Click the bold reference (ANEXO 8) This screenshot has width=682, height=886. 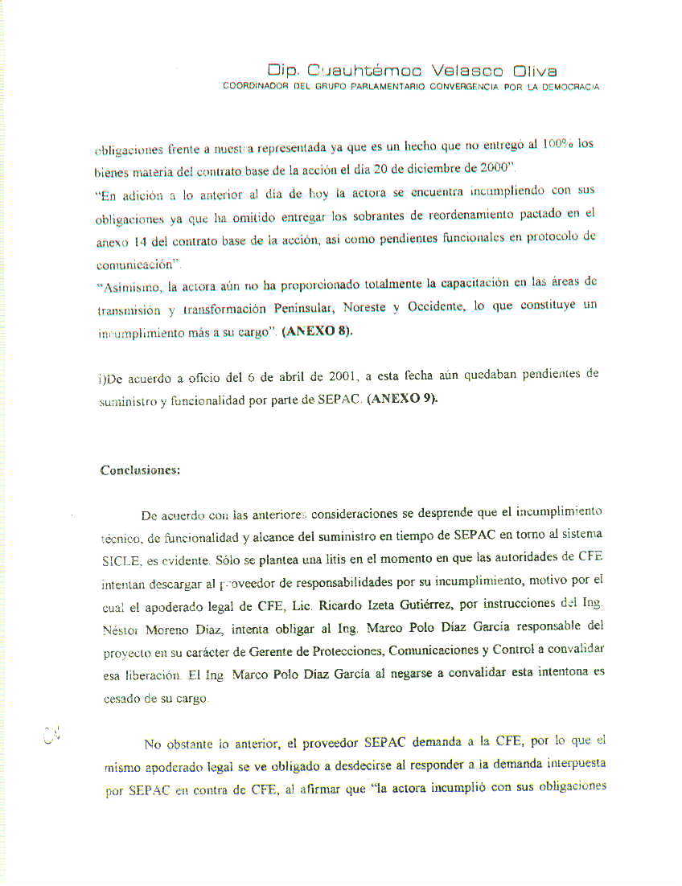click(x=317, y=330)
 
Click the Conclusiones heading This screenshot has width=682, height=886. click(x=140, y=470)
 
